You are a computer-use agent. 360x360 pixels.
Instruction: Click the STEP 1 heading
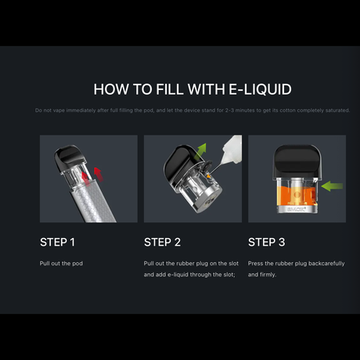58,242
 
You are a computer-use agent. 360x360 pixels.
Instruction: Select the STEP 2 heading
162,242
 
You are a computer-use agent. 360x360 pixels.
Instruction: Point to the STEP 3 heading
266,242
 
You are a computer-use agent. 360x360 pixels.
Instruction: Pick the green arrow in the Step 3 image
332,187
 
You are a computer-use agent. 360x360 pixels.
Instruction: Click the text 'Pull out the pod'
61,264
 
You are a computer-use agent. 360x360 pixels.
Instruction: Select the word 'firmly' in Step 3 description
267,275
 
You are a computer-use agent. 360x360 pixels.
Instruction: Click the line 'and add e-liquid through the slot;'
189,275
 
